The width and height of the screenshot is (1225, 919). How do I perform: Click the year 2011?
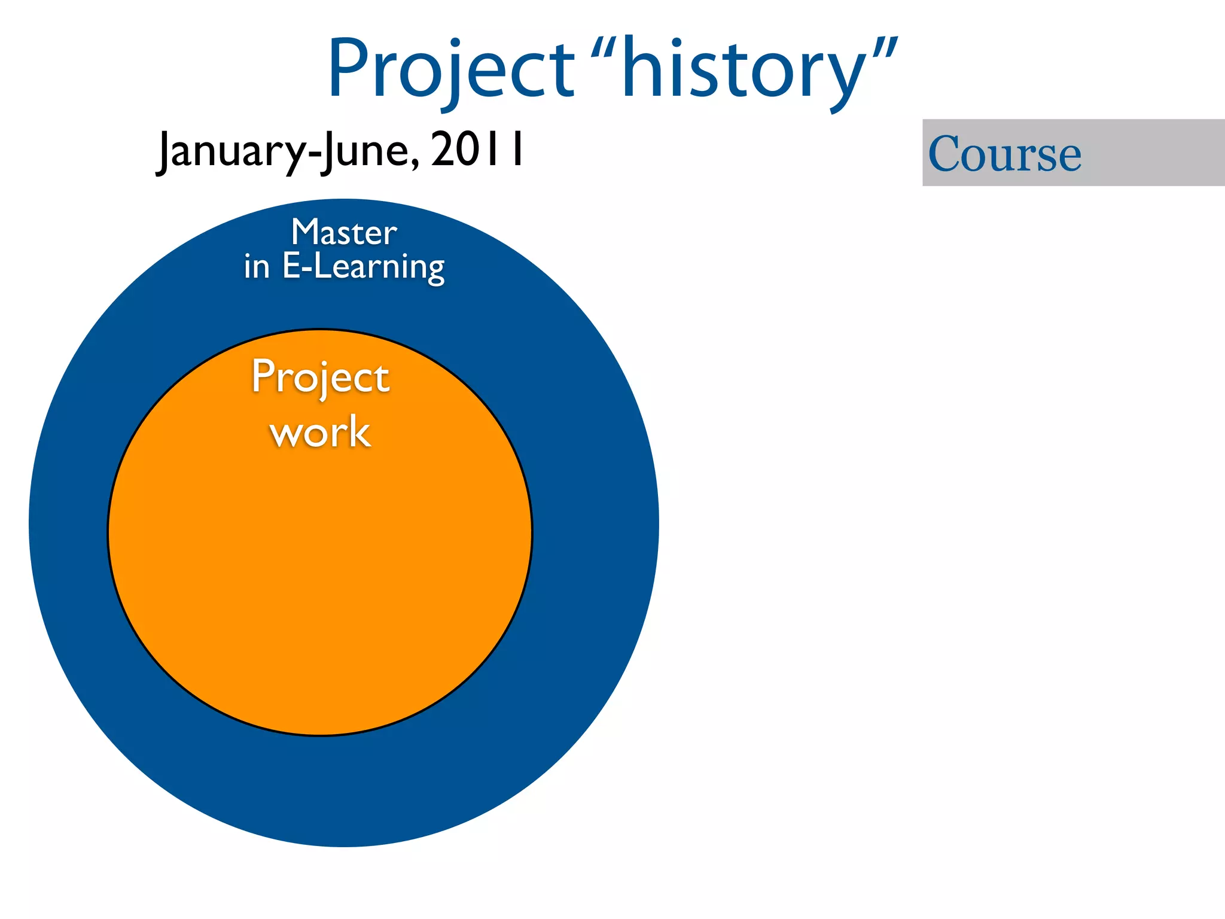pos(477,150)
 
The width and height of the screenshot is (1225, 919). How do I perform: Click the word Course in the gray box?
pos(1004,154)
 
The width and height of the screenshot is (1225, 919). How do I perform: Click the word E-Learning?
pos(363,267)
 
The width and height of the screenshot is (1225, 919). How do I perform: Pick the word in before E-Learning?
pos(257,267)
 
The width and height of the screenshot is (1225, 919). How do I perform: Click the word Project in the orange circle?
pos(321,377)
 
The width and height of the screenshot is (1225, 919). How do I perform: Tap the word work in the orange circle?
pos(320,432)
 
